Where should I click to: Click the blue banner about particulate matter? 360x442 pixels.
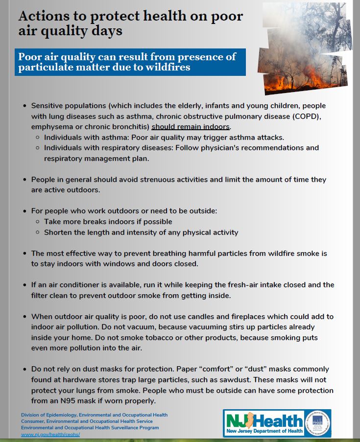(130, 62)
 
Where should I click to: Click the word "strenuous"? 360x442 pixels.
(169, 180)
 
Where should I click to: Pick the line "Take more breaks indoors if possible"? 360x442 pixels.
(108, 222)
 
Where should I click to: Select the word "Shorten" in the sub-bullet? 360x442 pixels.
(59, 233)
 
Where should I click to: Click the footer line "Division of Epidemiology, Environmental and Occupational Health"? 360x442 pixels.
(94, 415)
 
